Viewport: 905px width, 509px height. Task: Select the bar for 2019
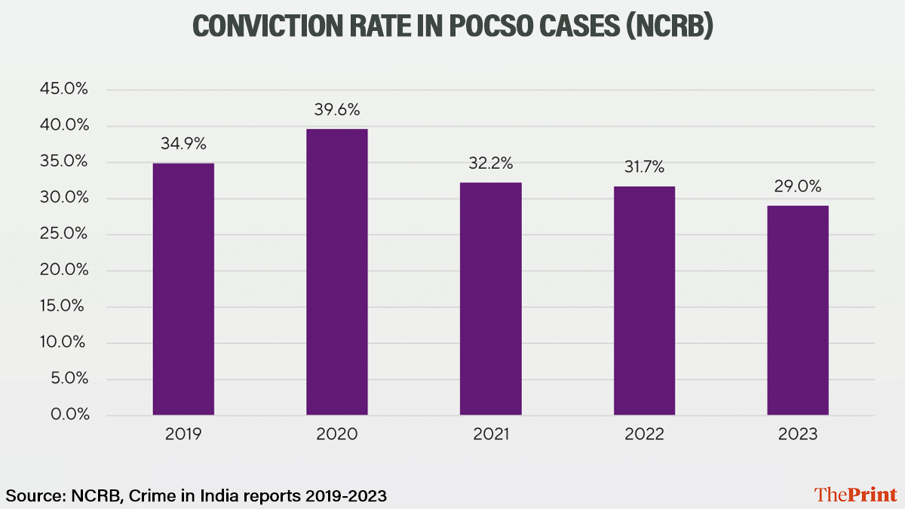pos(183,289)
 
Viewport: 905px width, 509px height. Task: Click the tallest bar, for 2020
pos(336,271)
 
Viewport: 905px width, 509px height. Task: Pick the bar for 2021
pos(490,299)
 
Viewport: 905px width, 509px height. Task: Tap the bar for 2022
pos(644,300)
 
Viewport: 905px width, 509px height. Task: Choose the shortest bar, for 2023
pos(797,310)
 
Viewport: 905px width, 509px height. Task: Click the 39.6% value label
pos(336,110)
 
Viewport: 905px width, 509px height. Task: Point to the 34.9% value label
pos(183,144)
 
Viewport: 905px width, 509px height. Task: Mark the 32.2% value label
pos(490,163)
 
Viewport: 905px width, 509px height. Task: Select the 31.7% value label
pos(644,167)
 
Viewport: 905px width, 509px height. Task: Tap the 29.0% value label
pos(797,186)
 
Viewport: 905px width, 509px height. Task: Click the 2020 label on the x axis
pos(336,435)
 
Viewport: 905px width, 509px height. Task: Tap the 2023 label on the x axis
pos(797,435)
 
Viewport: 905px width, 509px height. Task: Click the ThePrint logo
pos(855,495)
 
